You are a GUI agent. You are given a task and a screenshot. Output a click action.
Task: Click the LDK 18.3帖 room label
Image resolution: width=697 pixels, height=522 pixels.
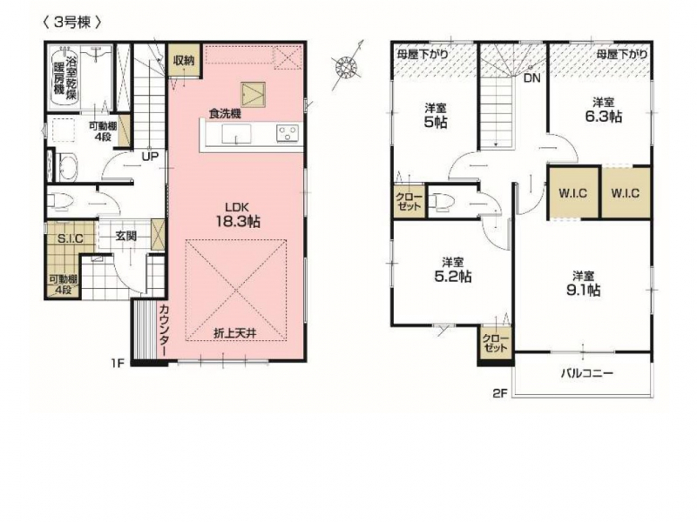tap(238, 215)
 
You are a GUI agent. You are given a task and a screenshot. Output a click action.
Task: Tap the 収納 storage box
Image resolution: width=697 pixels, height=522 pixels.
tap(184, 59)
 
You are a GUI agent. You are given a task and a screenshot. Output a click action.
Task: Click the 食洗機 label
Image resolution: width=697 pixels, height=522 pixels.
tap(225, 114)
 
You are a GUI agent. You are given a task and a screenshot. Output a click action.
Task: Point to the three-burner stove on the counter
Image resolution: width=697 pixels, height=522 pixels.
tap(288, 133)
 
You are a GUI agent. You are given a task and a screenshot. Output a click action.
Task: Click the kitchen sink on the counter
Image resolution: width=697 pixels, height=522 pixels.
tap(236, 134)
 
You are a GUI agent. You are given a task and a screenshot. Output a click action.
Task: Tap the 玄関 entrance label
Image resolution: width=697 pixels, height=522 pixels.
tap(125, 236)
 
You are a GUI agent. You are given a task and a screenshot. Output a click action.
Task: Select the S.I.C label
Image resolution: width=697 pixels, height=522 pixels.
tap(71, 238)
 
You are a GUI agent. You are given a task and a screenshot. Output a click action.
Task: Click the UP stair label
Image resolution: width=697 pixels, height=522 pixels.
tap(150, 157)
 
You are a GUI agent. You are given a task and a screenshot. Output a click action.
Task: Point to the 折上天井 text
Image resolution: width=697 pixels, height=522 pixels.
tap(235, 333)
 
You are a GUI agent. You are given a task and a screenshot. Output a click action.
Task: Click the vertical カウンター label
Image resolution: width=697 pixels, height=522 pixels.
tap(163, 331)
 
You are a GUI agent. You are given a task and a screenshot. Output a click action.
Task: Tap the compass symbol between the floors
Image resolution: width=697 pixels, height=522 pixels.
tap(347, 67)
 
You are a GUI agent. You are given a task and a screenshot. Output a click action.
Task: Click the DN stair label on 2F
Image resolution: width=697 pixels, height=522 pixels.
tap(531, 78)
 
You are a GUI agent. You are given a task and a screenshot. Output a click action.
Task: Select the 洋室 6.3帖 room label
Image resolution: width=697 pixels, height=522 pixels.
tap(603, 110)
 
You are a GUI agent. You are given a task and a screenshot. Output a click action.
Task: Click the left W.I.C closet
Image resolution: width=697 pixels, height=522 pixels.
tap(573, 192)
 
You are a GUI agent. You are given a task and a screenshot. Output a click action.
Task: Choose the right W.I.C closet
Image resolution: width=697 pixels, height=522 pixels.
tap(626, 192)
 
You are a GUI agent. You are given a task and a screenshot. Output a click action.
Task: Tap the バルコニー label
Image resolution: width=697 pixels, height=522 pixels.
tap(586, 373)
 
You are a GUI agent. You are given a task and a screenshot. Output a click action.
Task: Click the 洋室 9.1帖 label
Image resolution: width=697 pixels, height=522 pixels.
tap(583, 284)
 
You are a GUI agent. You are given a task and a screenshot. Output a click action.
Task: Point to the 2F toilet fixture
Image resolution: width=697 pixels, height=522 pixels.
tap(441, 201)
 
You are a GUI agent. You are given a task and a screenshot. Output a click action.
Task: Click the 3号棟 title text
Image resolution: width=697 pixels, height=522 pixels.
tap(71, 23)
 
